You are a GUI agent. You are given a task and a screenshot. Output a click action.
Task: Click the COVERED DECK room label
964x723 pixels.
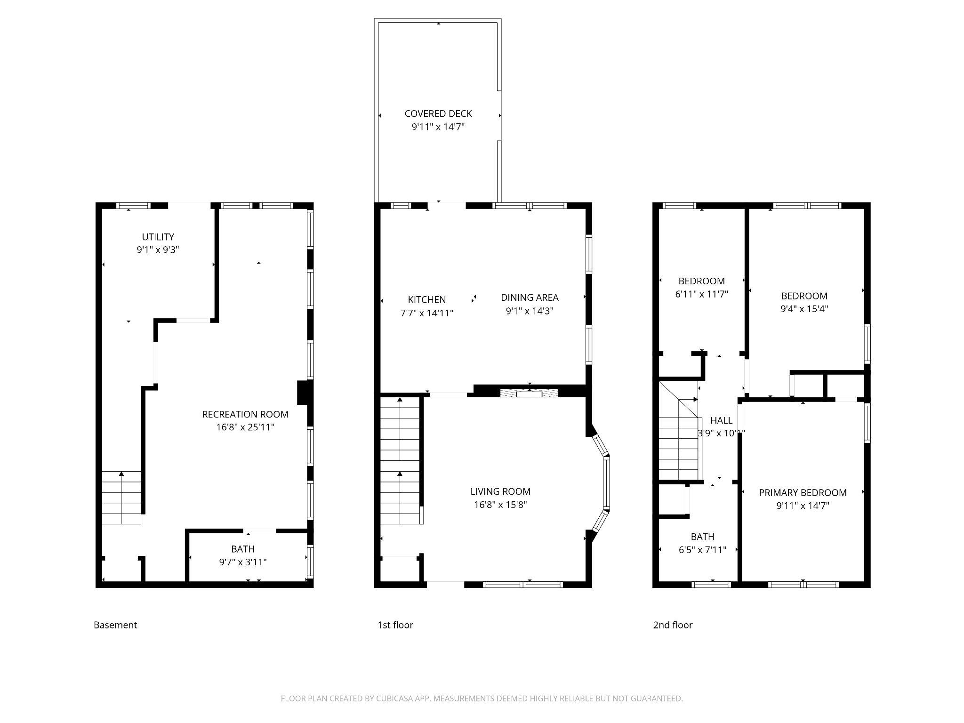(438, 113)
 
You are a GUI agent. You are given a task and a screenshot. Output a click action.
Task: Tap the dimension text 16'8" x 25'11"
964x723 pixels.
(245, 427)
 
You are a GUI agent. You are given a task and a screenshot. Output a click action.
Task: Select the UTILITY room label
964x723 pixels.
(158, 237)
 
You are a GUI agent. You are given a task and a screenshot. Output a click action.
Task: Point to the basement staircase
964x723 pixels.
(121, 498)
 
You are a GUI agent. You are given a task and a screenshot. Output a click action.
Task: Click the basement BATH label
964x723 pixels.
(243, 549)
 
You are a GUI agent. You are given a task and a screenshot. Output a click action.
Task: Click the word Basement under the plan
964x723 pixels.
(115, 625)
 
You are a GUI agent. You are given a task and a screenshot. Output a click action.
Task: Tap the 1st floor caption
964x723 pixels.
(395, 625)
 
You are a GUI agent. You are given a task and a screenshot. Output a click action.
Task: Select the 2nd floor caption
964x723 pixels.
(673, 625)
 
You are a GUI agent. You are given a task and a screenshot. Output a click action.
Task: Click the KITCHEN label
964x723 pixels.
(426, 299)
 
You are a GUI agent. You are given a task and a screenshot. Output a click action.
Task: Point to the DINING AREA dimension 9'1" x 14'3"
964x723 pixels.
(530, 311)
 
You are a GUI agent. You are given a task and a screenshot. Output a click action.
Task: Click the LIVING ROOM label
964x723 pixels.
(500, 491)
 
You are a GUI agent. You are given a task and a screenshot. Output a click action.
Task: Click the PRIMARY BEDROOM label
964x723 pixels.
(803, 492)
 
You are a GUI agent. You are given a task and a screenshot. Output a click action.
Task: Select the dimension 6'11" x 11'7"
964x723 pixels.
(701, 294)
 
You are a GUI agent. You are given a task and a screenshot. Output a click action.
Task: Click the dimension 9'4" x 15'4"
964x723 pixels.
(804, 309)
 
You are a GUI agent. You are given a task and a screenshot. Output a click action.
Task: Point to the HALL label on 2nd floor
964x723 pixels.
(721, 420)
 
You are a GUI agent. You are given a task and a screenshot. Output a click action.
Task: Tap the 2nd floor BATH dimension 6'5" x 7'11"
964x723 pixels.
(702, 550)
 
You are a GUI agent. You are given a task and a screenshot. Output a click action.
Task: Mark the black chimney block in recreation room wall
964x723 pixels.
(305, 392)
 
